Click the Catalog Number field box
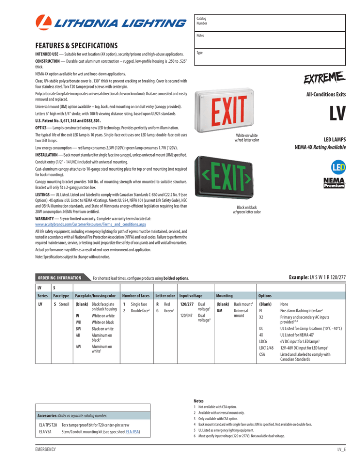coord(270,22)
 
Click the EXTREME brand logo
coord(326,77)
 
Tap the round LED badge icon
coord(332,167)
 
